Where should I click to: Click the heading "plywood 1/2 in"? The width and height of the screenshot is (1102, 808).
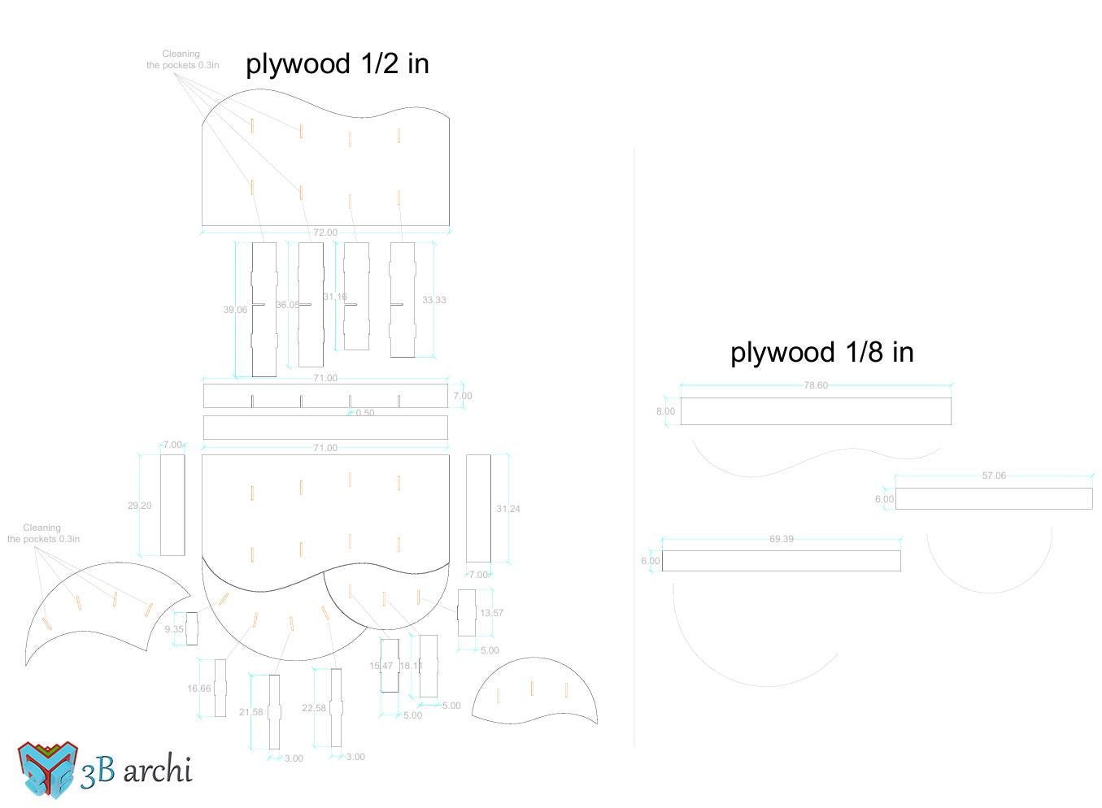[x=337, y=63]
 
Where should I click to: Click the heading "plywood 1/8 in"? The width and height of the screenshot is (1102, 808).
[x=821, y=352]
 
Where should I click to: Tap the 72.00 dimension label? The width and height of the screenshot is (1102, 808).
[x=325, y=232]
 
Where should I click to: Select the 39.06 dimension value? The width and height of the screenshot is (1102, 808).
[x=235, y=310]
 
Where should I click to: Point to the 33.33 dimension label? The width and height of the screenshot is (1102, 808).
[x=433, y=300]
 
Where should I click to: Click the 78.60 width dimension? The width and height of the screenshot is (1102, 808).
[x=815, y=385]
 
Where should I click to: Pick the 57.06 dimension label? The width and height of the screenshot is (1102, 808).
[x=993, y=476]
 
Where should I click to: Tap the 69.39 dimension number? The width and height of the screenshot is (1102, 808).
[x=781, y=539]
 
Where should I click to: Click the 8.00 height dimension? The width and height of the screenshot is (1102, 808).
[x=665, y=411]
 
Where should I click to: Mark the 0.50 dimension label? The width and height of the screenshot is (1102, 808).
[x=365, y=413]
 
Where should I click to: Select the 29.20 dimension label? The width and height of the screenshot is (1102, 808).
[x=139, y=506]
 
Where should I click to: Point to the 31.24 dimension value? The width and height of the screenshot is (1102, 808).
[x=507, y=509]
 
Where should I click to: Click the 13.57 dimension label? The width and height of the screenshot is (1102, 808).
[x=491, y=613]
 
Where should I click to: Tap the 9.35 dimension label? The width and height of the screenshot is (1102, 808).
[x=174, y=629]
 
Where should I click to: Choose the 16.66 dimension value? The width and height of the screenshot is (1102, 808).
[x=198, y=689]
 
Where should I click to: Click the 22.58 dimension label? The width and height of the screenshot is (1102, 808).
[x=313, y=708]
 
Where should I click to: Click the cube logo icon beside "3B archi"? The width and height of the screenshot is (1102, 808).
[x=48, y=769]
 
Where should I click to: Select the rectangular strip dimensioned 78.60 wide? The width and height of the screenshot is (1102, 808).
[x=815, y=411]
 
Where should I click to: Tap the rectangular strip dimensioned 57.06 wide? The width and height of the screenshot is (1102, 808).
[x=993, y=498]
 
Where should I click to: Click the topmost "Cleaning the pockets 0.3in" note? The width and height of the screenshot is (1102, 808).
[x=182, y=59]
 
